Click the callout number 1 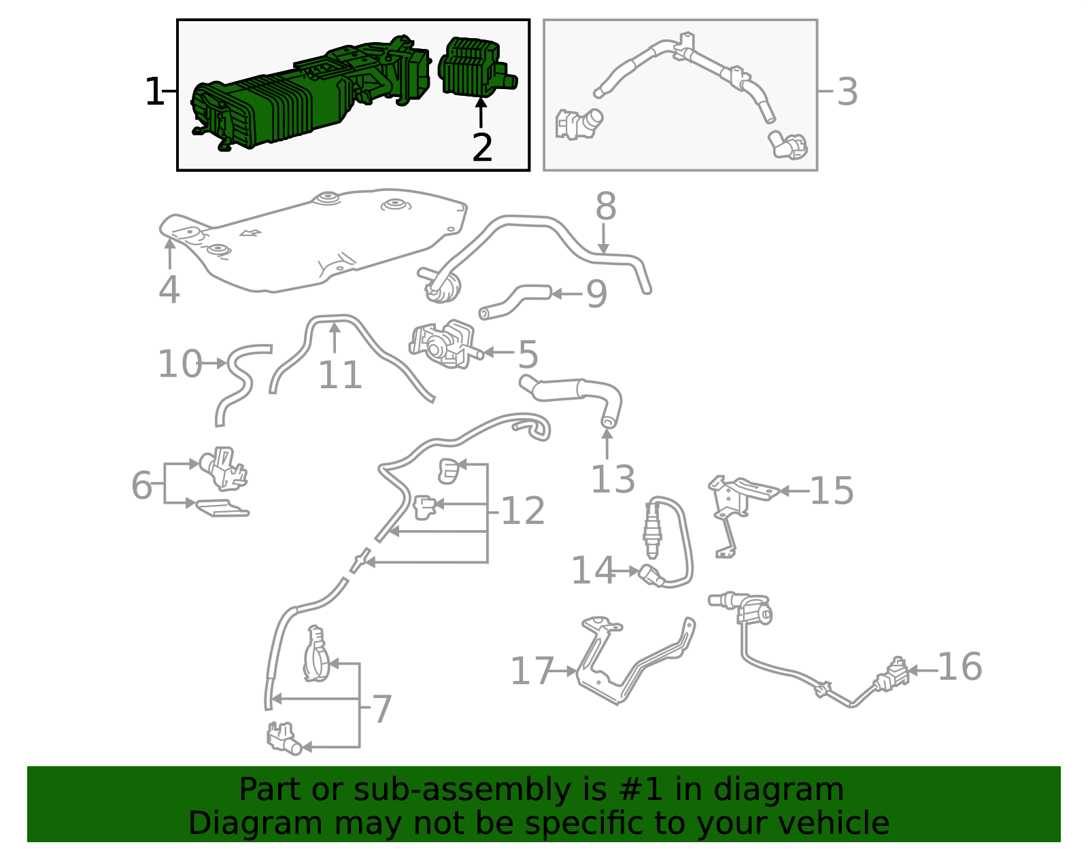pyautogui.click(x=154, y=92)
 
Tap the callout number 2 pyautogui.click(x=481, y=148)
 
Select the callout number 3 pyautogui.click(x=847, y=92)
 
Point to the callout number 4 pyautogui.click(x=169, y=290)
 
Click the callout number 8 pyautogui.click(x=605, y=207)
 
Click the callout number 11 pyautogui.click(x=340, y=375)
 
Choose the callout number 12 pyautogui.click(x=522, y=511)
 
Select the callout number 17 pyautogui.click(x=531, y=672)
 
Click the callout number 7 pyautogui.click(x=382, y=710)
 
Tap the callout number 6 pyautogui.click(x=141, y=485)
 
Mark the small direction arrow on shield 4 pyautogui.click(x=251, y=234)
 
